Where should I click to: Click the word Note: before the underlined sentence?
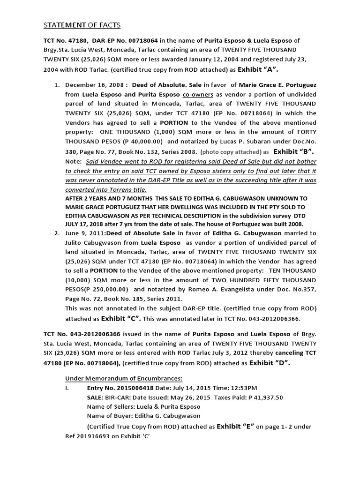pos(74,162)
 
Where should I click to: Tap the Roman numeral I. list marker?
pos(67,388)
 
